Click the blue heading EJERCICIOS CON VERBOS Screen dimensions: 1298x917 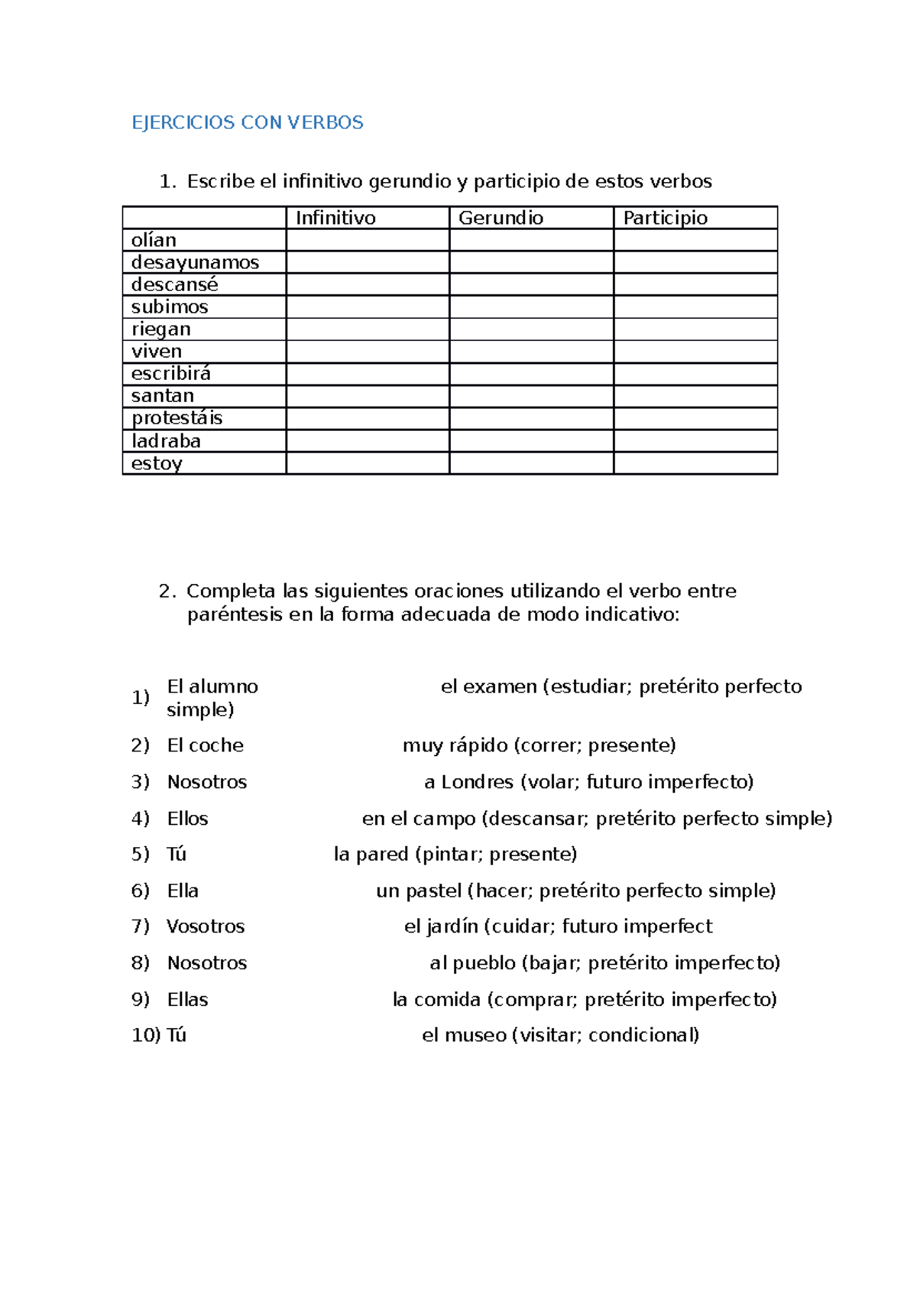pyautogui.click(x=247, y=122)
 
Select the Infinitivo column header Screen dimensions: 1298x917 pyautogui.click(x=335, y=218)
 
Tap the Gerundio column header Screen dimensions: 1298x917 pyautogui.click(x=501, y=218)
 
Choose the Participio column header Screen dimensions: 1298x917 pyautogui.click(x=665, y=218)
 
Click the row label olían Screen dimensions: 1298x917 pyautogui.click(x=154, y=240)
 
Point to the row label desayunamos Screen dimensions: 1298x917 pyautogui.click(x=195, y=262)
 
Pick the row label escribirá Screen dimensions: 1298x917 pyautogui.click(x=170, y=373)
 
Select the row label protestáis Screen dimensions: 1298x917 pyautogui.click(x=177, y=418)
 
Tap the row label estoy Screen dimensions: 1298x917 pyautogui.click(x=157, y=463)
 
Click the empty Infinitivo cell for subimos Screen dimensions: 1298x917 pyautogui.click(x=368, y=307)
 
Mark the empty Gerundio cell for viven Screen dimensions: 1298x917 pyautogui.click(x=531, y=352)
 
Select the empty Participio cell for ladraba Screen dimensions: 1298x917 pyautogui.click(x=695, y=441)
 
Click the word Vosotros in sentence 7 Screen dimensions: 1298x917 pyautogui.click(x=206, y=926)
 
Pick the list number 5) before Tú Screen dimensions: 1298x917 pyautogui.click(x=140, y=854)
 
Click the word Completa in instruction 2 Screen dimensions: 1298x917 pyautogui.click(x=231, y=591)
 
